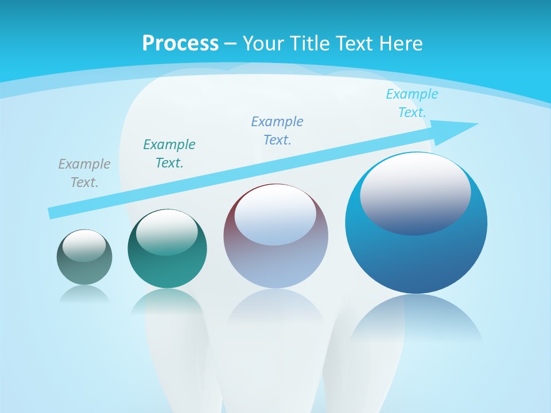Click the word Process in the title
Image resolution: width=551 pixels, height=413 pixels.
point(180,44)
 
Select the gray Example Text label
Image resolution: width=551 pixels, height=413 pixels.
point(84,173)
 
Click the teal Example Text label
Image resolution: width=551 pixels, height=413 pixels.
point(169,153)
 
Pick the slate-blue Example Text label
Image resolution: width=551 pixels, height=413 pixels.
point(277,130)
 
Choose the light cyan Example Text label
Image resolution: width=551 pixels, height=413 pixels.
point(412,103)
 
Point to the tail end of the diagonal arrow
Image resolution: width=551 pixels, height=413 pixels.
point(53,213)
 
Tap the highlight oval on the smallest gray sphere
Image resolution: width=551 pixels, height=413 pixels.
point(84,246)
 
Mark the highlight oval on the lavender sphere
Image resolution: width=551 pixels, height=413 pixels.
point(275,215)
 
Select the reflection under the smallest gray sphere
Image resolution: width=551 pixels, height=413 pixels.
point(84,294)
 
